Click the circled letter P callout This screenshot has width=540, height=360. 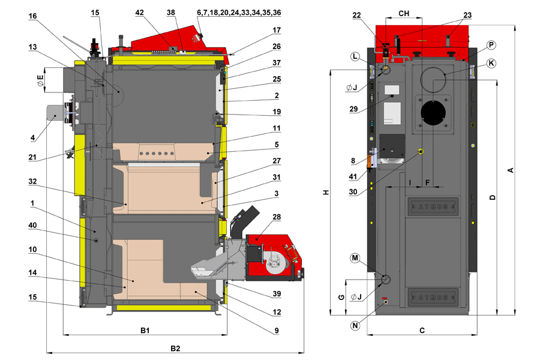click(491, 44)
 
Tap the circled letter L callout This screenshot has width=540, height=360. click(356, 56)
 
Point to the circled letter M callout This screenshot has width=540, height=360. click(356, 258)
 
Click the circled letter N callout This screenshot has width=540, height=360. click(356, 326)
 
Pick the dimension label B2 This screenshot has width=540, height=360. click(175, 348)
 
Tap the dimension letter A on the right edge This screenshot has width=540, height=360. click(511, 170)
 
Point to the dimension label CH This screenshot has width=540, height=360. click(404, 13)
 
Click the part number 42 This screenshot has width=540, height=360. click(140, 12)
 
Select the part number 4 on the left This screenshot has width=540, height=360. click(34, 139)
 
